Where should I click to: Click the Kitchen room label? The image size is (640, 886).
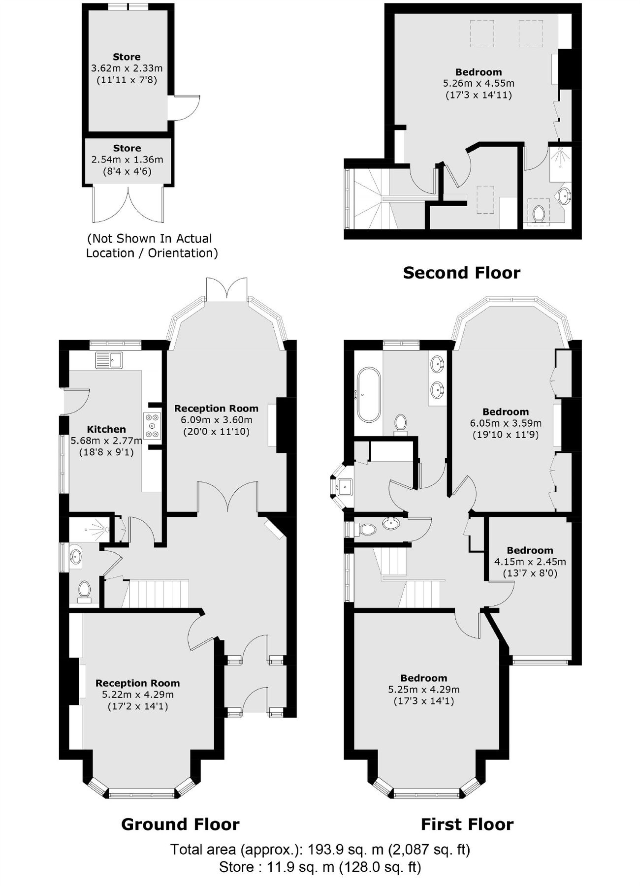pos(106,429)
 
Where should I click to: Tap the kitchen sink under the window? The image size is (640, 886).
pos(109,360)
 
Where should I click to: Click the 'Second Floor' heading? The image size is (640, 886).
pos(461,273)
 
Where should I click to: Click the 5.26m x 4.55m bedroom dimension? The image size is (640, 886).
pos(479,83)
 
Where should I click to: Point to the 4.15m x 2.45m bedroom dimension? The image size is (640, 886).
pos(530,562)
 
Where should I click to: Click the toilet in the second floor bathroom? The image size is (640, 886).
pos(538,214)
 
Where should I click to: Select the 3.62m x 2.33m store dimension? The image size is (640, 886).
pos(127,68)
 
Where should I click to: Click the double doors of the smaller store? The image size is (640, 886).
pos(127,204)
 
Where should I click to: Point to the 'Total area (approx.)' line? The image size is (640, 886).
pos(320,849)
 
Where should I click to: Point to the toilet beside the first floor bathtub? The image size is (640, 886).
pos(401,422)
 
